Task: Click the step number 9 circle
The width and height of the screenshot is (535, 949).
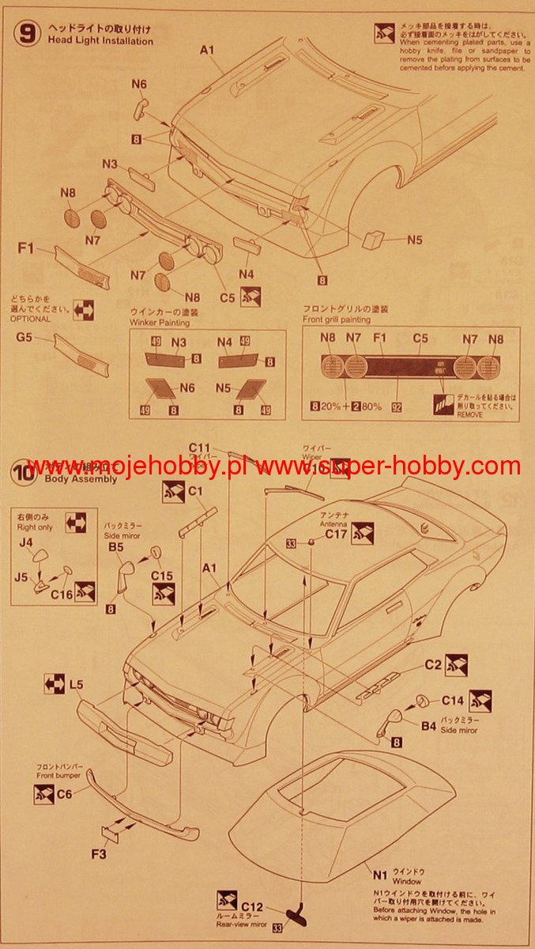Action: click(x=28, y=35)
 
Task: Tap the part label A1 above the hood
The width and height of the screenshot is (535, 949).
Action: click(x=207, y=50)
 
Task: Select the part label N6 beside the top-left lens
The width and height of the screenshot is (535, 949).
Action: click(x=139, y=84)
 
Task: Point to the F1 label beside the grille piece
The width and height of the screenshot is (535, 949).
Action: click(x=26, y=250)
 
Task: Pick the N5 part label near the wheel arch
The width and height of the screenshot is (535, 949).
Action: click(x=415, y=240)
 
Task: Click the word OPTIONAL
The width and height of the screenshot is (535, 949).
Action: click(x=30, y=319)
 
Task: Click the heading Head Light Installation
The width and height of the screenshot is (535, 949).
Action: click(x=100, y=40)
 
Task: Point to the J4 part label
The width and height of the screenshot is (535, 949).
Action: click(x=26, y=542)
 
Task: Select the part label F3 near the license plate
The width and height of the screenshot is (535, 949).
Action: click(x=100, y=854)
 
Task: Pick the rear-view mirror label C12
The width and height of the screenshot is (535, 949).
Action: click(x=252, y=906)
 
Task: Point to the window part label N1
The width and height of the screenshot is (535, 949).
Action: click(x=381, y=875)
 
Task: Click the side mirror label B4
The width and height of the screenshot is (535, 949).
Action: click(x=428, y=724)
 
